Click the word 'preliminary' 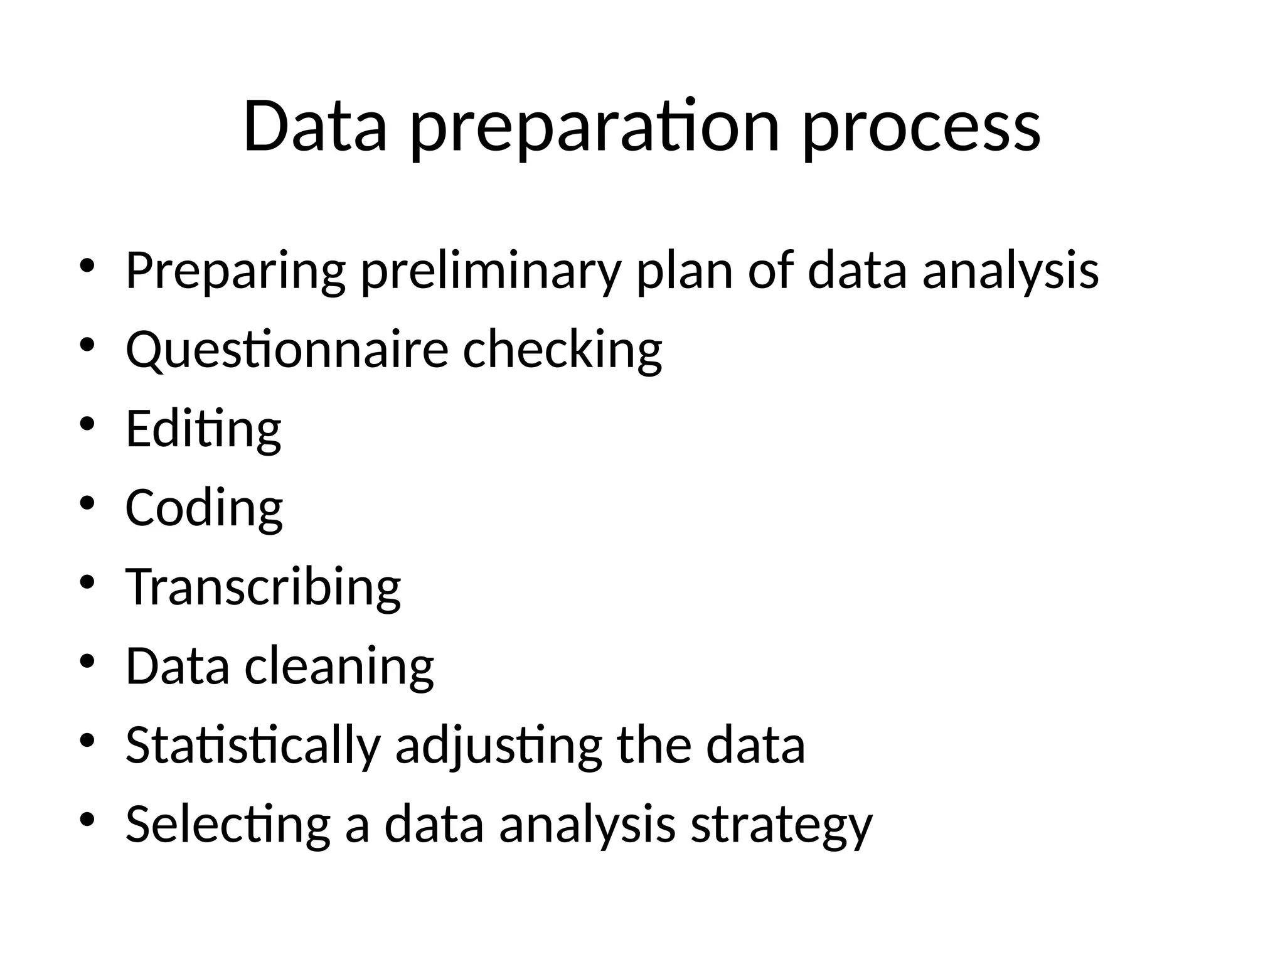pos(491,271)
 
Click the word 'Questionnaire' pos(287,350)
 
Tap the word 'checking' pos(562,350)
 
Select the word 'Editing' pos(203,429)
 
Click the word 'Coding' pos(204,508)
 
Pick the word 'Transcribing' pos(263,587)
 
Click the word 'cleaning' pos(339,667)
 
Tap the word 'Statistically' pos(253,746)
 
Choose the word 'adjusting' pos(499,746)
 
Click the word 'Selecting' pos(228,825)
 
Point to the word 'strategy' pos(781,825)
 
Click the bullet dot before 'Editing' pos(87,423)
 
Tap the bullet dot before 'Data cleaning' pos(87,660)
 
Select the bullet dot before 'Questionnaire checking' pos(87,344)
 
